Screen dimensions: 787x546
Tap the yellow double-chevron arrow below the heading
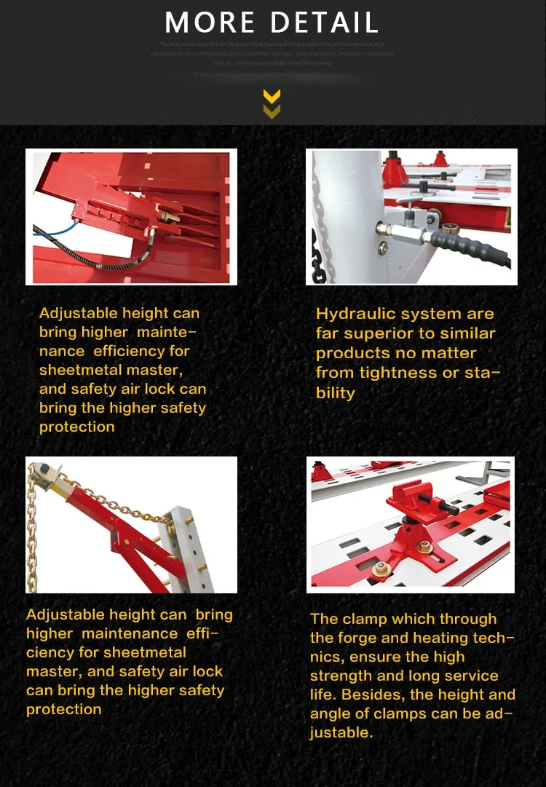(x=272, y=103)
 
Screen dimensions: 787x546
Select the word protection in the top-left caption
(x=76, y=427)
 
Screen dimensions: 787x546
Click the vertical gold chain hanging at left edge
(x=32, y=531)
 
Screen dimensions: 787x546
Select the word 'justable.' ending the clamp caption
(x=341, y=732)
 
